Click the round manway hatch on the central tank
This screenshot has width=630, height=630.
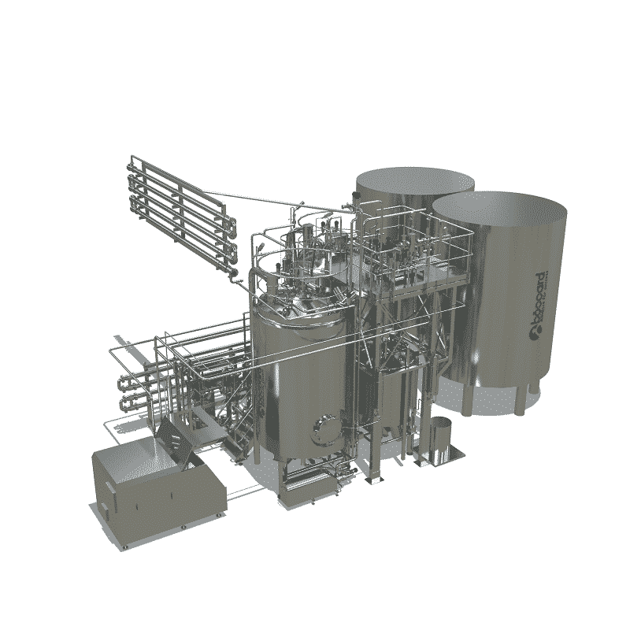(324, 429)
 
